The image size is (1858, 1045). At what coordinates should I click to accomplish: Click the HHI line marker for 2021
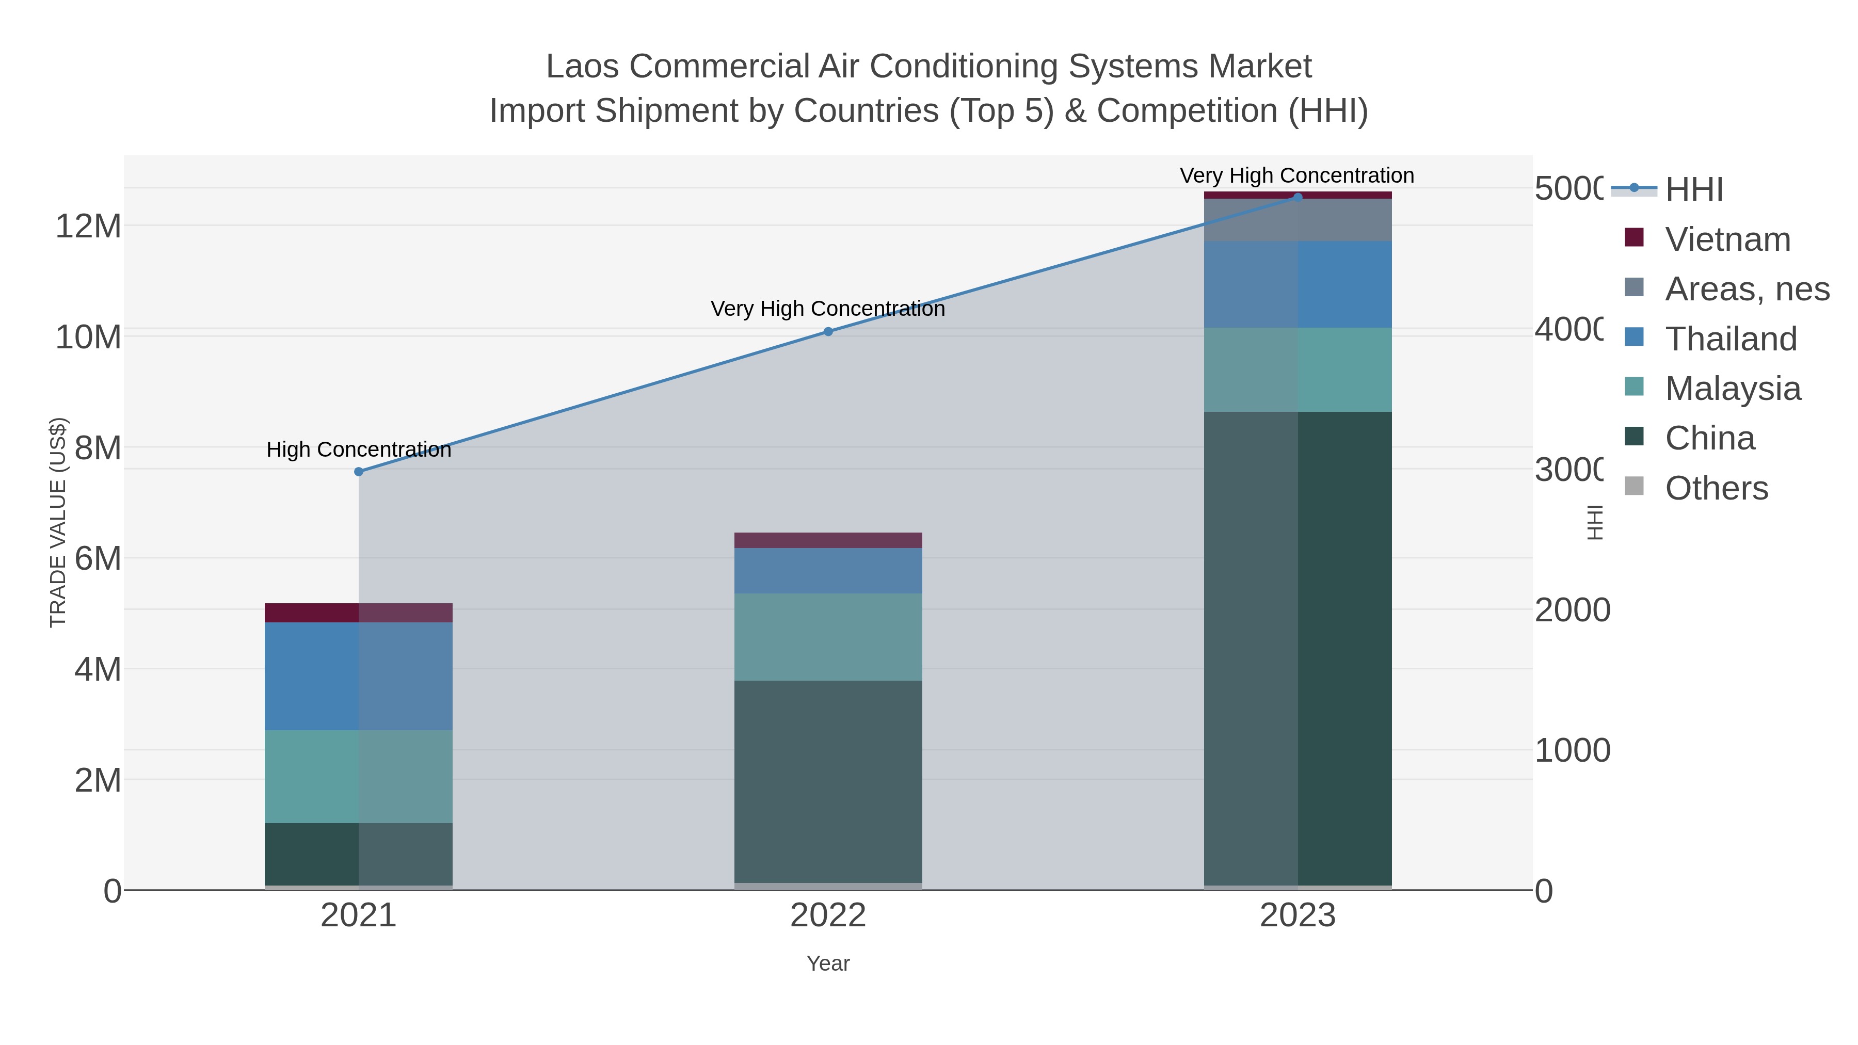359,472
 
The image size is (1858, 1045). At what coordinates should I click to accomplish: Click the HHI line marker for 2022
828,332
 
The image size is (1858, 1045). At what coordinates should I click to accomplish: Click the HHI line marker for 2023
1298,198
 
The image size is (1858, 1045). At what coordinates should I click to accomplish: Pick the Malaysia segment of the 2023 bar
1298,369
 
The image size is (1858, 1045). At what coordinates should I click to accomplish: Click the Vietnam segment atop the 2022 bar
828,540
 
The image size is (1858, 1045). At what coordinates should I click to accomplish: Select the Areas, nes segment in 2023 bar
1298,220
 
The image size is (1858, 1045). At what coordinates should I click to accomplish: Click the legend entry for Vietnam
1727,239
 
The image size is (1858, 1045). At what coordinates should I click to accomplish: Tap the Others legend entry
1716,488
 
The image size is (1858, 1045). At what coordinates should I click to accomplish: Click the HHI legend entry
1693,190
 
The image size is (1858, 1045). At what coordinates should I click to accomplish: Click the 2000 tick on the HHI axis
1573,610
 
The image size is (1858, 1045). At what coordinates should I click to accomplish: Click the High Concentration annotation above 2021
359,449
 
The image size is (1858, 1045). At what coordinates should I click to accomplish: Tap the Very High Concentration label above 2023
1296,175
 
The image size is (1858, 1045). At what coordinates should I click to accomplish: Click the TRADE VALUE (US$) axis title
58,522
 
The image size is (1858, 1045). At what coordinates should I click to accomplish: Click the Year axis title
828,963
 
